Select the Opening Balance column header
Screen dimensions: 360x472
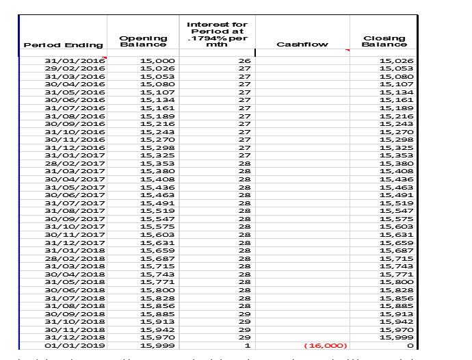pyautogui.click(x=143, y=41)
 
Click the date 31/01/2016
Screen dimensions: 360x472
pyautogui.click(x=75, y=61)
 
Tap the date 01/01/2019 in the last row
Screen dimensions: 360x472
pyautogui.click(x=75, y=346)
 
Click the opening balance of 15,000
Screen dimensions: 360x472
pyautogui.click(x=157, y=61)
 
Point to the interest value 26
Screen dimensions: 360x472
pyautogui.click(x=244, y=61)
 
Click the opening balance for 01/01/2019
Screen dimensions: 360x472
pyautogui.click(x=157, y=346)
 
